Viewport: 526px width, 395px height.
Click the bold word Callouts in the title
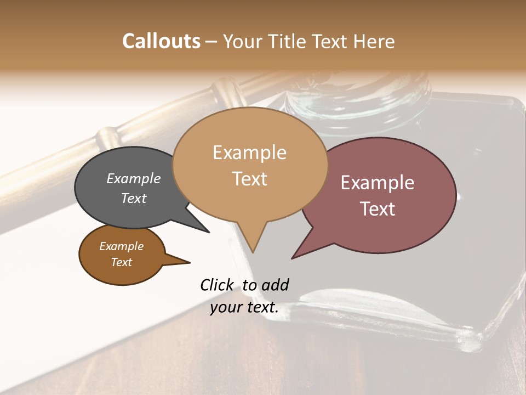tap(161, 41)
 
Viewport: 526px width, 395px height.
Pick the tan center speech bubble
tap(250, 165)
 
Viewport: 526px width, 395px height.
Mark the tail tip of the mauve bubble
tap(293, 257)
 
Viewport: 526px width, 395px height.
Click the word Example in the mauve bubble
tap(378, 183)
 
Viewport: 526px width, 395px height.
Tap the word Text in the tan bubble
tap(250, 179)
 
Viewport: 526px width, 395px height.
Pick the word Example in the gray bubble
tap(134, 179)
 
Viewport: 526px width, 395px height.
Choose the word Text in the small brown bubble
tap(122, 262)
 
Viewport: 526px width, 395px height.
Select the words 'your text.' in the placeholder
tap(244, 307)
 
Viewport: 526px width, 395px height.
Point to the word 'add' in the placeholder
tap(275, 285)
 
